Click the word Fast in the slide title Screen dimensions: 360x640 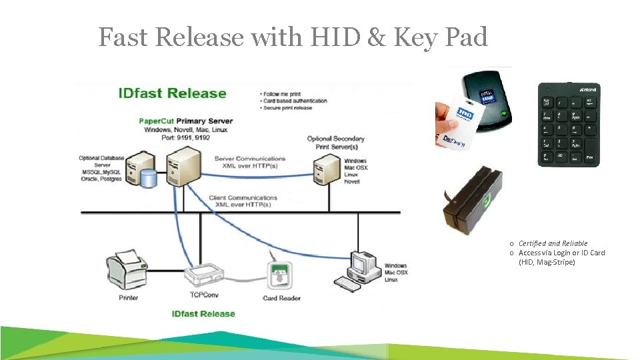[125, 37]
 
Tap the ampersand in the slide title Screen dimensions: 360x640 [376, 37]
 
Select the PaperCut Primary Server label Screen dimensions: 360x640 [185, 121]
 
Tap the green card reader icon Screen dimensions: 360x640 [279, 275]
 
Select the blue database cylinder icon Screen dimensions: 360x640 [149, 177]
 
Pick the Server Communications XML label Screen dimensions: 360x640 [250, 162]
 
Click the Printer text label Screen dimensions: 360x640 [129, 297]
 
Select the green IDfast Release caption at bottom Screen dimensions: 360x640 [203, 313]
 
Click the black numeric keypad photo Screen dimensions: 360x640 [569, 125]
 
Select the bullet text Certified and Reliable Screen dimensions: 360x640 [553, 243]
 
